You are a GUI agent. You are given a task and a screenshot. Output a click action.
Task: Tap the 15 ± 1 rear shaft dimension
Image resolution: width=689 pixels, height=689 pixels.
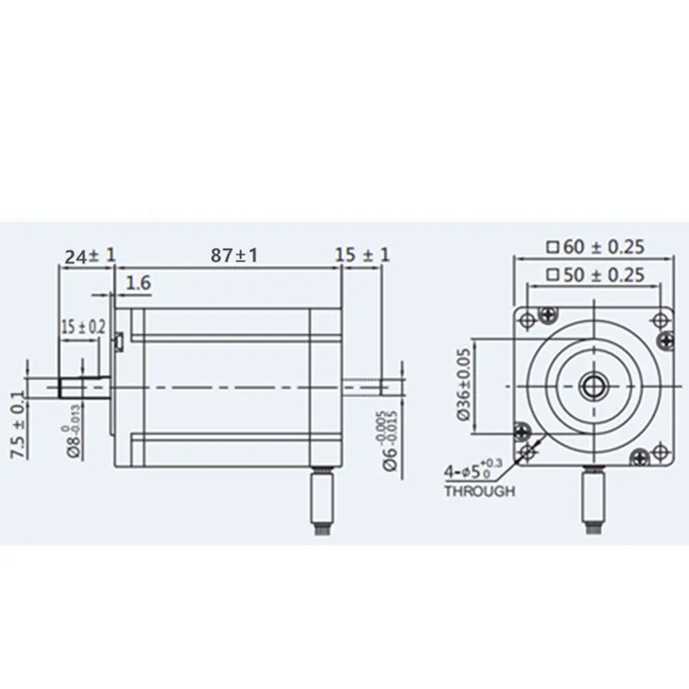click(363, 255)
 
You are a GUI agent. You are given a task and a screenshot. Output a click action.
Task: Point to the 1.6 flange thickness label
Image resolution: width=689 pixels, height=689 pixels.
click(140, 282)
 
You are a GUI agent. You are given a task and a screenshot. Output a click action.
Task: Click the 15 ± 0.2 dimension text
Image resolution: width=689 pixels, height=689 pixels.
click(84, 326)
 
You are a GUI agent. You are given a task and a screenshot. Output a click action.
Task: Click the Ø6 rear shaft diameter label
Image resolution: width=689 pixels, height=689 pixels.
click(389, 438)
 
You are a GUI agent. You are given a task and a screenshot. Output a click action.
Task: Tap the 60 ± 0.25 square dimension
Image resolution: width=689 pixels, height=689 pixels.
click(596, 246)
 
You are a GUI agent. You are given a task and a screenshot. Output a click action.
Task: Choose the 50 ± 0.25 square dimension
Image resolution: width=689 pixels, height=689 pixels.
click(596, 276)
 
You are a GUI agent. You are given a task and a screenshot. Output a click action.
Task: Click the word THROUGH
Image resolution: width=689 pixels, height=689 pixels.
click(480, 492)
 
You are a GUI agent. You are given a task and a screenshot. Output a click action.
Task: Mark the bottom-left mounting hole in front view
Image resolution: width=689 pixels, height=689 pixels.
click(522, 431)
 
